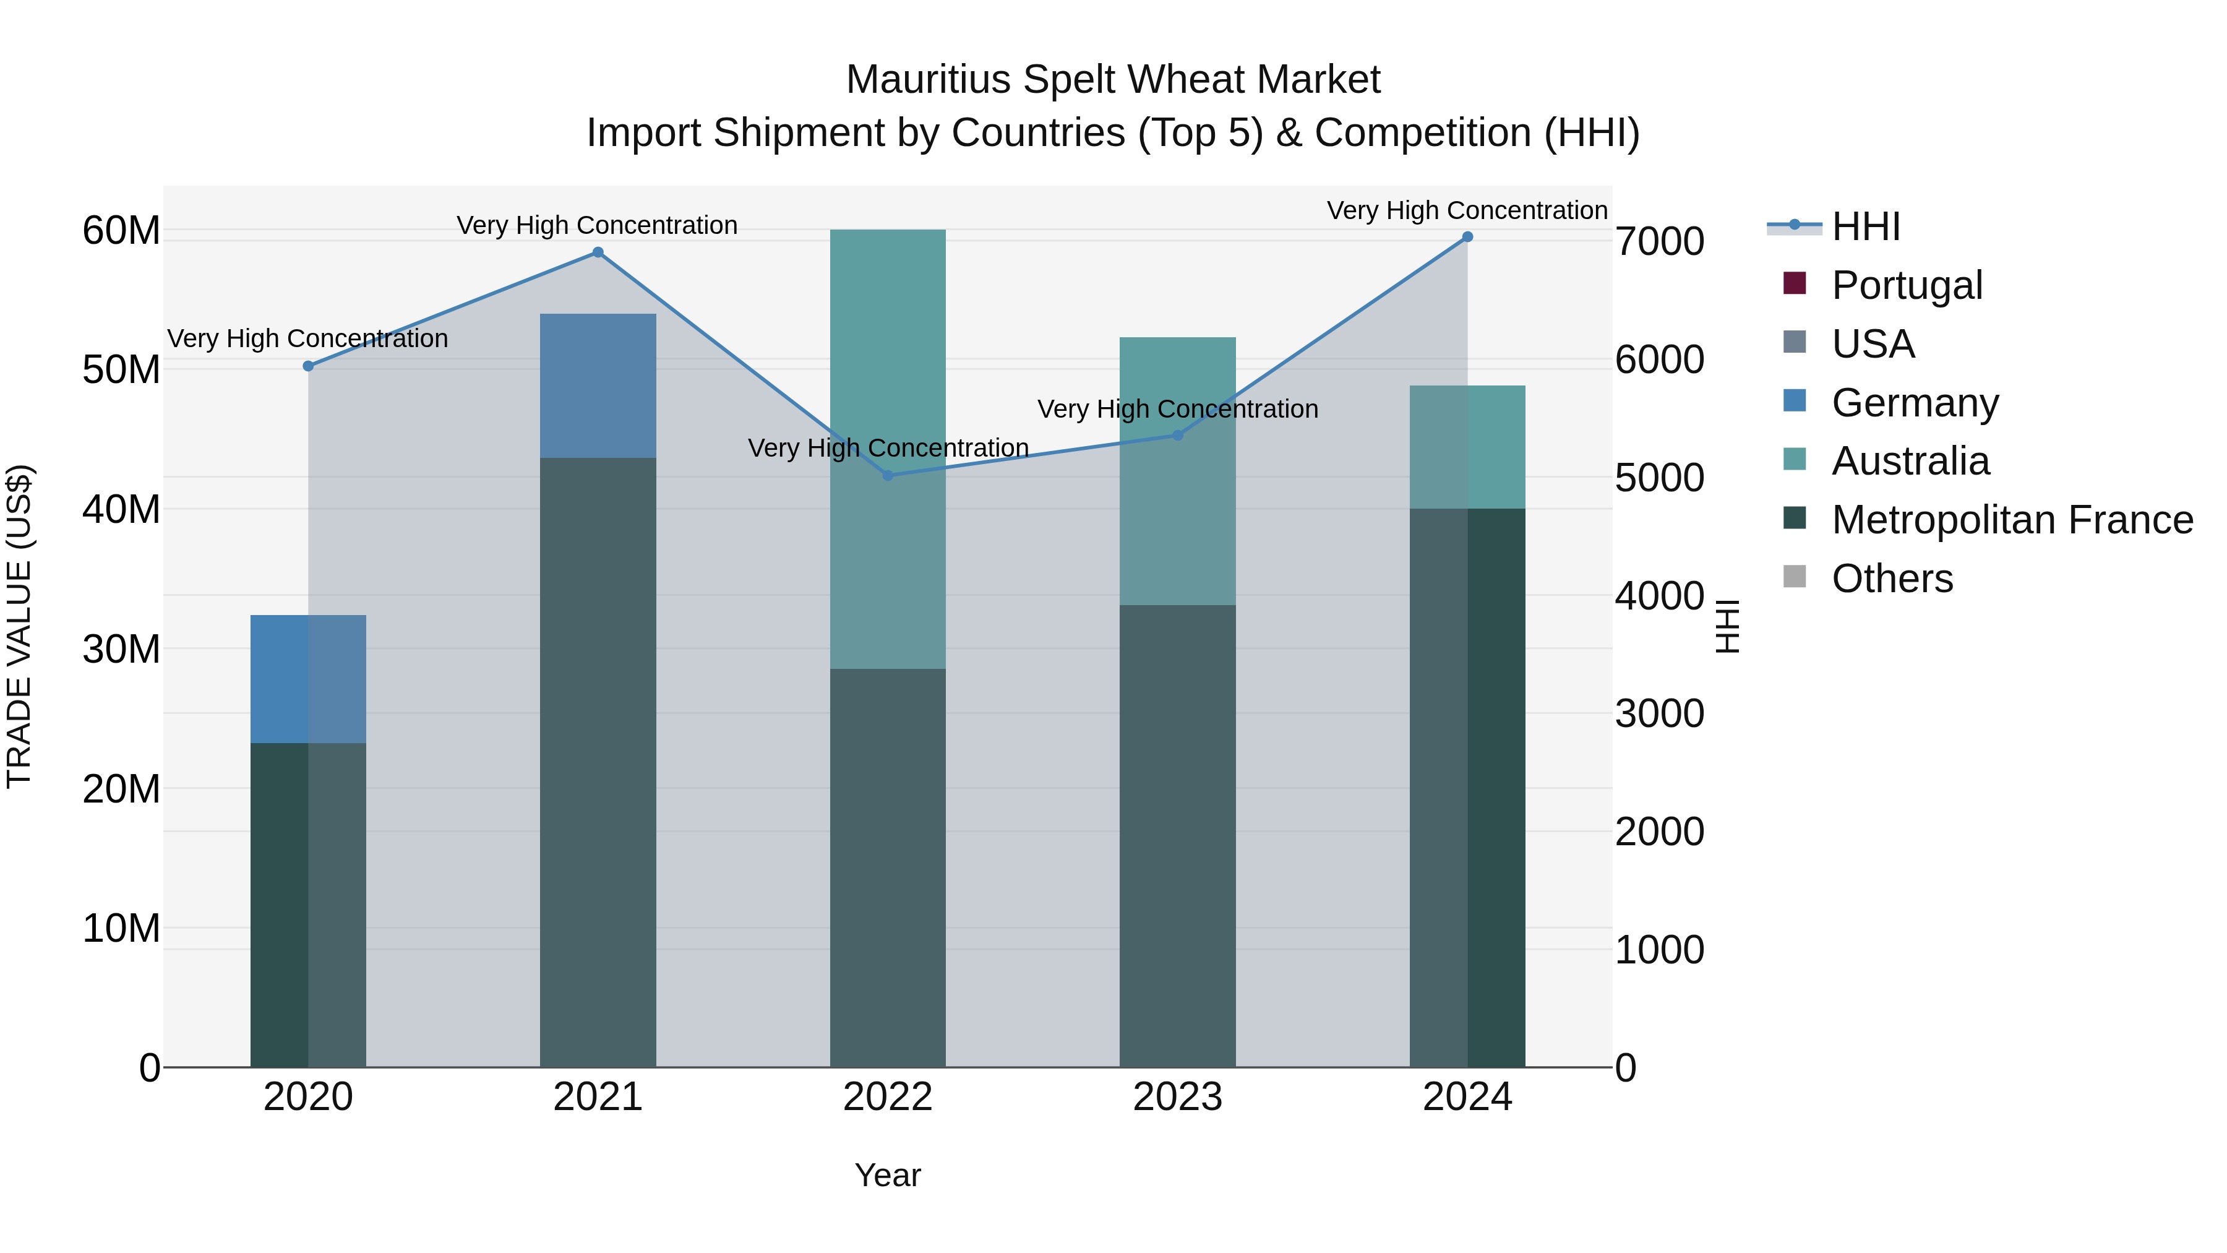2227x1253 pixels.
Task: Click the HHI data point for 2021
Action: tap(598, 252)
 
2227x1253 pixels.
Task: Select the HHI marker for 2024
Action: tap(1467, 237)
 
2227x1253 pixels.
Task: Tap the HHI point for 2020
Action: tap(308, 366)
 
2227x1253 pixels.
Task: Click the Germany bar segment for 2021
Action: tap(598, 385)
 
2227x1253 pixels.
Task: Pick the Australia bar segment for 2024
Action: tap(1467, 447)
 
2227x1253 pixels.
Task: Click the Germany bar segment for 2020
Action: tap(308, 679)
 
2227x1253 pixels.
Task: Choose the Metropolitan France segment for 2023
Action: tap(1177, 835)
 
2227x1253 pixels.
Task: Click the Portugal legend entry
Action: tap(1907, 285)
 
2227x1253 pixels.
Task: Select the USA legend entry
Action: tap(1873, 344)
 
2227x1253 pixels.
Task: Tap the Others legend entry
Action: tap(1892, 579)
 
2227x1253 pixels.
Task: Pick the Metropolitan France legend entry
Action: tap(2012, 520)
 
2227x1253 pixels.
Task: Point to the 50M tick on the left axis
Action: tap(121, 370)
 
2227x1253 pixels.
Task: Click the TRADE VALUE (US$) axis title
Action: tap(20, 626)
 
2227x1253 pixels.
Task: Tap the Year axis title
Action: tap(888, 1175)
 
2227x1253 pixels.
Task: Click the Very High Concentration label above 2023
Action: tap(1177, 409)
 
